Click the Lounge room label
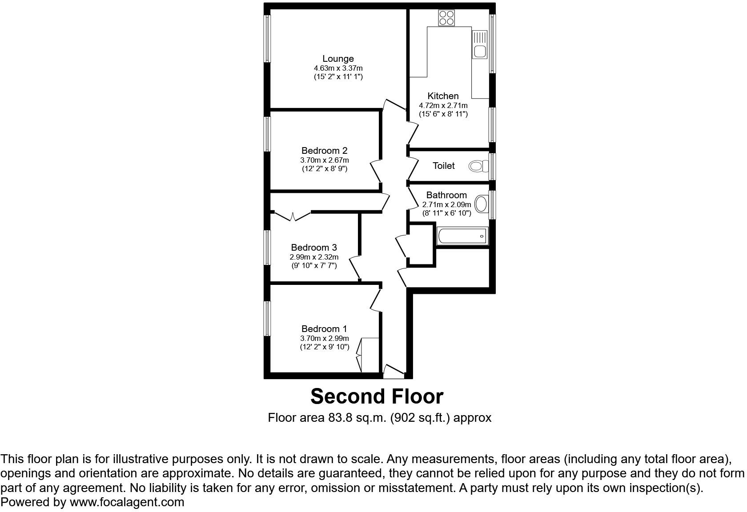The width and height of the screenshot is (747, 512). point(338,59)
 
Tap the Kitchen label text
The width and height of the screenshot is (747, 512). point(443,96)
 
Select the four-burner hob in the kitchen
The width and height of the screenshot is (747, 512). point(446,18)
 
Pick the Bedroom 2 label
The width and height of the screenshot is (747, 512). point(324,151)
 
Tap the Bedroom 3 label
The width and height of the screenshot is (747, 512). point(314,248)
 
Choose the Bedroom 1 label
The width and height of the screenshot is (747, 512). point(324,329)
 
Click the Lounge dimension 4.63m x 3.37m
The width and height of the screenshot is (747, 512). point(338,68)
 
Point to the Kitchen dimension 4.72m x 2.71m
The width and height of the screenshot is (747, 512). point(443,106)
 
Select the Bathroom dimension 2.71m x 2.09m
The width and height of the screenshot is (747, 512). point(446,205)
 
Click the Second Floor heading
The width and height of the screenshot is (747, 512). point(377,396)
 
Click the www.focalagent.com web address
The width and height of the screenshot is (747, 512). point(127,503)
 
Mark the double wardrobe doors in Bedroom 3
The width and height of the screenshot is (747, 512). point(293,217)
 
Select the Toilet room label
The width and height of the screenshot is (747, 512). point(444,166)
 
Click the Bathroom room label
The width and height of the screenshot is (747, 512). point(446,195)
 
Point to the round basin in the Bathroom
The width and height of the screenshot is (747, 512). point(481,204)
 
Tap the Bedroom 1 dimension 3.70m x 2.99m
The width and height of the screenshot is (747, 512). point(324,339)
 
